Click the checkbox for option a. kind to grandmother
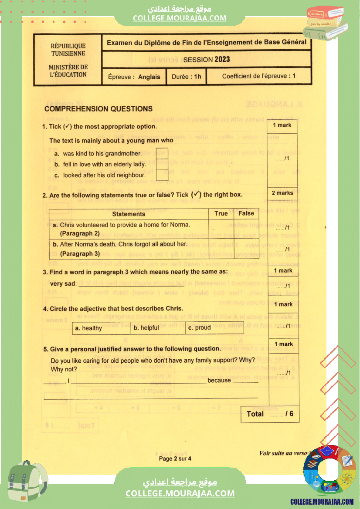click(x=162, y=153)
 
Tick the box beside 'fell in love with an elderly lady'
click(x=162, y=164)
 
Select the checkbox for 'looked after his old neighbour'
click(x=162, y=175)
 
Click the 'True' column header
click(x=221, y=213)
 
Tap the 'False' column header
click(x=246, y=213)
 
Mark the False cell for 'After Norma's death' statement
click(x=246, y=249)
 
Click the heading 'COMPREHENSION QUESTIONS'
click(x=98, y=109)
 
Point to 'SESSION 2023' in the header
click(x=207, y=60)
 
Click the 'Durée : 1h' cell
click(x=186, y=77)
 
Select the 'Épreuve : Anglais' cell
click(x=134, y=77)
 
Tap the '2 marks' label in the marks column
click(x=282, y=193)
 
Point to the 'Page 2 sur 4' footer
click(x=175, y=458)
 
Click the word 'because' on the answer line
click(x=219, y=380)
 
